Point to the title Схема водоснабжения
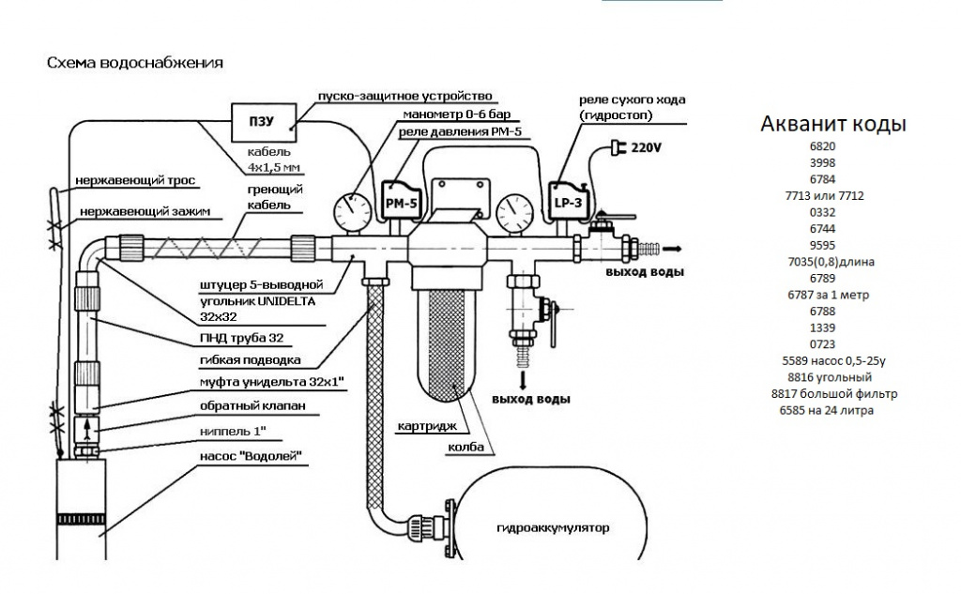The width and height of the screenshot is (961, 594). pyautogui.click(x=134, y=64)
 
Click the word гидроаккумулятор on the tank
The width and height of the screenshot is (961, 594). pyautogui.click(x=553, y=527)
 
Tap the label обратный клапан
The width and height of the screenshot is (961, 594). pyautogui.click(x=252, y=406)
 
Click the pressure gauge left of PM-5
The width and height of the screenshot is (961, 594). pyautogui.click(x=352, y=206)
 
